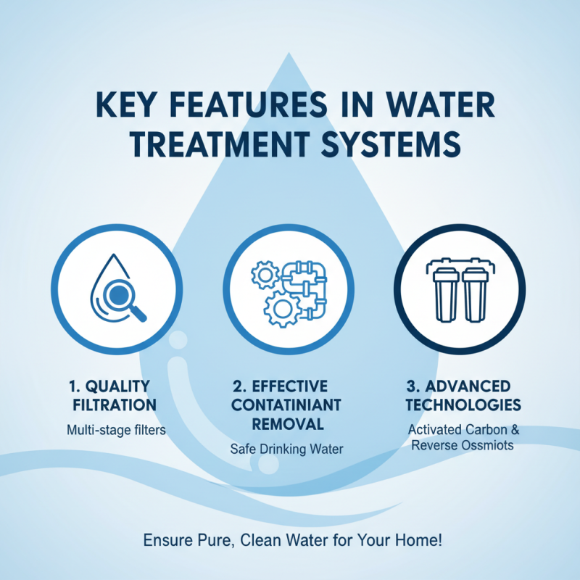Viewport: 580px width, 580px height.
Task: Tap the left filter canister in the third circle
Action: (444, 296)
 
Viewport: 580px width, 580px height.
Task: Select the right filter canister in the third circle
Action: (474, 296)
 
